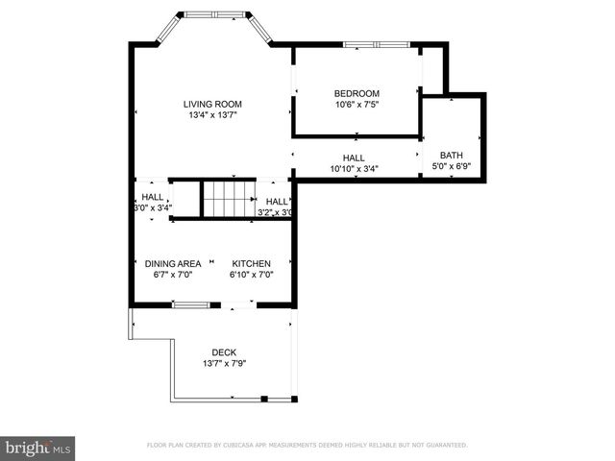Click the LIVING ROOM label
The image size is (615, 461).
click(212, 104)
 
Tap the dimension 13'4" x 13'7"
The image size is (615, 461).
click(212, 115)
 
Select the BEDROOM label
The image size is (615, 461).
click(357, 92)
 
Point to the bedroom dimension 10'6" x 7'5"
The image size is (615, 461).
click(357, 104)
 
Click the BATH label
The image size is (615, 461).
click(451, 156)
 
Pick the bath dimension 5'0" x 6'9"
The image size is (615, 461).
click(451, 167)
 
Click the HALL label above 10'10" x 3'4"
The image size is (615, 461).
click(354, 158)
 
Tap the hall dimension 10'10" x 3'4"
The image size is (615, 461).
click(354, 170)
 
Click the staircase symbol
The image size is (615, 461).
click(227, 199)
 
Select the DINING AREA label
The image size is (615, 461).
click(173, 263)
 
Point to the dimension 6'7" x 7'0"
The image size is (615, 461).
click(173, 275)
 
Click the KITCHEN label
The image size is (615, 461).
click(251, 263)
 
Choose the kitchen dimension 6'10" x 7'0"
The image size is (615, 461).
click(251, 275)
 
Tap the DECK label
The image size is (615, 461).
click(225, 352)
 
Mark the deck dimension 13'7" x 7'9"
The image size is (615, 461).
click(225, 364)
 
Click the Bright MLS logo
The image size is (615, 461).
click(38, 448)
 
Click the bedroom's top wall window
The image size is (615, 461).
click(375, 43)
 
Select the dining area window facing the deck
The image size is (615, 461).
click(190, 305)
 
